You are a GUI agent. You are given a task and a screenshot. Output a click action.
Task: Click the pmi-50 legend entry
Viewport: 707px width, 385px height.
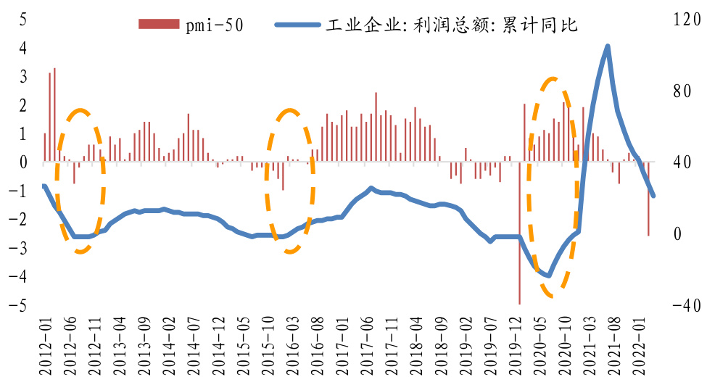click(x=191, y=25)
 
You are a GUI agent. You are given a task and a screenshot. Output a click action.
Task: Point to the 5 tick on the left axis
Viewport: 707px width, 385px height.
click(x=22, y=19)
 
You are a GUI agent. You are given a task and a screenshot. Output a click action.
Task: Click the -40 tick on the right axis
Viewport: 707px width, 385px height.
click(x=685, y=306)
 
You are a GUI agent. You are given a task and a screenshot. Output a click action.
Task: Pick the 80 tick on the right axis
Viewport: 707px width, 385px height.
click(x=682, y=91)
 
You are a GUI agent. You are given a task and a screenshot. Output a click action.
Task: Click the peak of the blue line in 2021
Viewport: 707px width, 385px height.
click(x=607, y=47)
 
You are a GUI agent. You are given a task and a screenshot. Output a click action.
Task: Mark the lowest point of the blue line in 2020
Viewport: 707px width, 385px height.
click(x=549, y=276)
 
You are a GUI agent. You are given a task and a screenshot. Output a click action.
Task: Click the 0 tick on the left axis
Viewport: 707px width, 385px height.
click(x=22, y=162)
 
